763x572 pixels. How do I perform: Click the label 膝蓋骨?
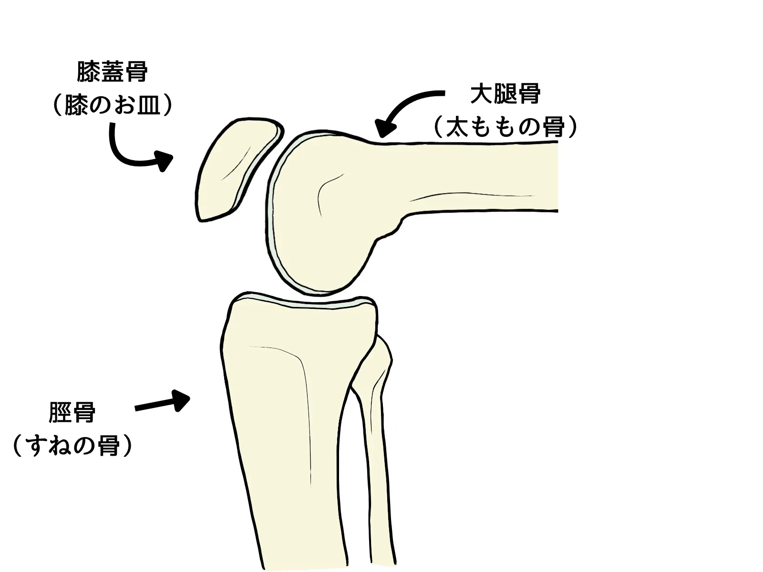(x=112, y=71)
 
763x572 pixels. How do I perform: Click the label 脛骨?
(x=72, y=413)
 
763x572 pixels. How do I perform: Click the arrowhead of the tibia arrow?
(x=181, y=400)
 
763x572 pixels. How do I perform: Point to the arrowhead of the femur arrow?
(x=385, y=129)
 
